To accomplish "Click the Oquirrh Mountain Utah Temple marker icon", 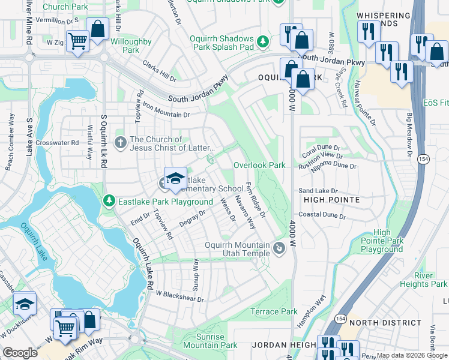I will [279, 248].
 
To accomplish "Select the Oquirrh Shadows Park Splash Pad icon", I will [262, 41].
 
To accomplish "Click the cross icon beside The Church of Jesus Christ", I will [121, 143].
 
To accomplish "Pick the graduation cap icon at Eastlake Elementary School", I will [175, 178].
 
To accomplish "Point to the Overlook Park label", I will [259, 165].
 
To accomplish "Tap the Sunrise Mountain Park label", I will [210, 341].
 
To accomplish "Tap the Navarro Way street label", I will [246, 212].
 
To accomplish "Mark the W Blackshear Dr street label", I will [179, 296].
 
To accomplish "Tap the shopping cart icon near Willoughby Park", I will [77, 41].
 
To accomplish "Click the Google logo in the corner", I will [20, 353].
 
